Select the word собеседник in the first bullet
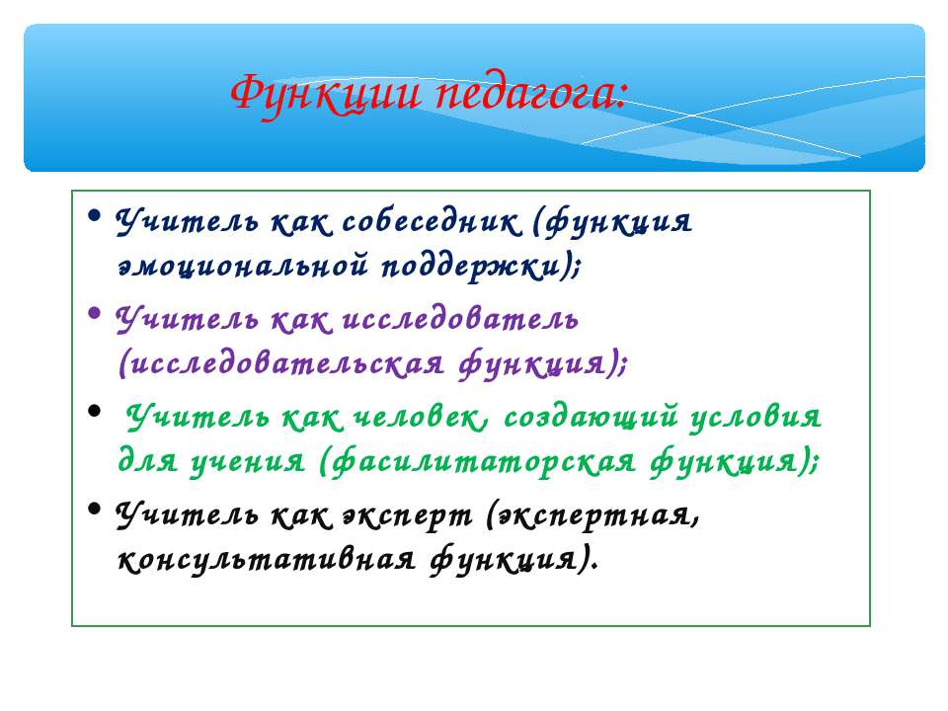coord(432,222)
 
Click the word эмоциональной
coord(243,266)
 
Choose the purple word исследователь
coord(460,319)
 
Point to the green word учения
coord(248,462)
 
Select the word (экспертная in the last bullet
coord(592,515)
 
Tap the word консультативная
coord(267,560)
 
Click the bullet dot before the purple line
coord(94,313)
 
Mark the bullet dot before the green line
coord(94,411)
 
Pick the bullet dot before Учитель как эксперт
coord(94,509)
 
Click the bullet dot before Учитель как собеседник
coord(94,215)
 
